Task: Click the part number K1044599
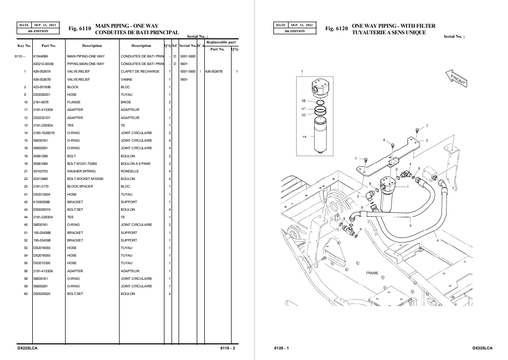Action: tap(40, 56)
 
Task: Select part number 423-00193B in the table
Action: tap(42, 87)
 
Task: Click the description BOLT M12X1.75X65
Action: tap(82, 163)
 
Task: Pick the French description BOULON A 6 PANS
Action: tap(136, 163)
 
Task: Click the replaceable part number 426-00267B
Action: tap(213, 72)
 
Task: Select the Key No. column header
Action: tap(24, 45)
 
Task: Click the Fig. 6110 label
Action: tap(80, 29)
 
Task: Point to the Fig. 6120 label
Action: tap(336, 29)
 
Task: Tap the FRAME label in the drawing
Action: tap(372, 273)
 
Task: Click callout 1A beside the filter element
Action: tap(304, 137)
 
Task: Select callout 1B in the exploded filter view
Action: tap(304, 101)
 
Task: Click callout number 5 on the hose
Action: tap(410, 225)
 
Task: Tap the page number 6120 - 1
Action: tap(281, 348)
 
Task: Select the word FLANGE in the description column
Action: tap(74, 102)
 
